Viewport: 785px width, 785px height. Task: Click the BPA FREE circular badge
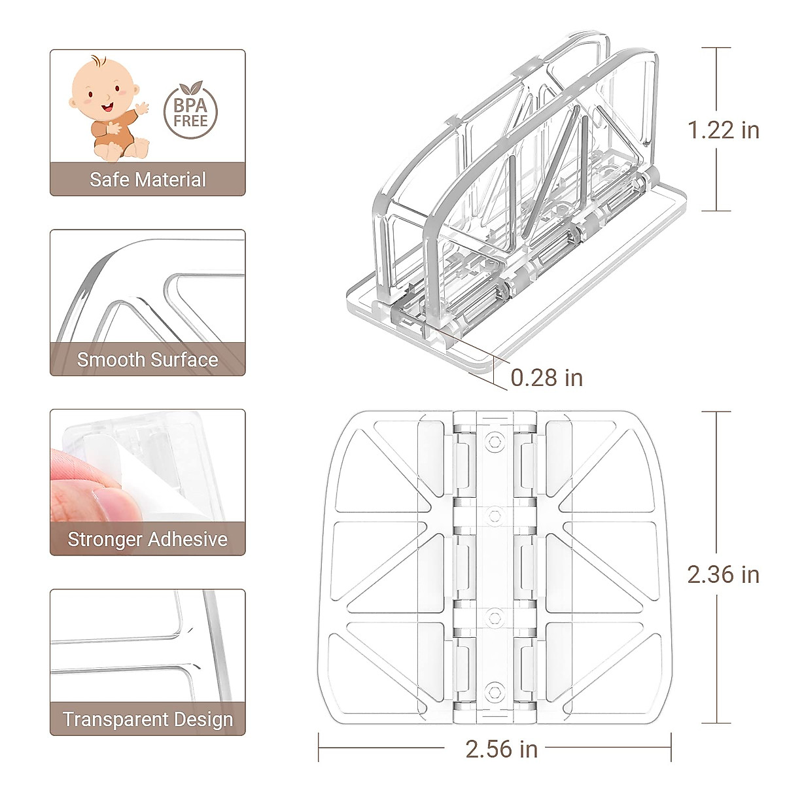190,112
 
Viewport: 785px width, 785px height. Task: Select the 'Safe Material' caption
148,179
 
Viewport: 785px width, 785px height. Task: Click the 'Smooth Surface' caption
148,359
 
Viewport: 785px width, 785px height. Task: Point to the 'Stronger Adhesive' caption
148,539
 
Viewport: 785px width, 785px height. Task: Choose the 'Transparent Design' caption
148,719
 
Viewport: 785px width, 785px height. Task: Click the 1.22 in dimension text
723,130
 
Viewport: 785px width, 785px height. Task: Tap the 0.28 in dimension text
546,377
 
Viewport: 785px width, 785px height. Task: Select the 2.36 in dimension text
723,574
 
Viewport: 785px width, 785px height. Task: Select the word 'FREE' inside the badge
190,121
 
